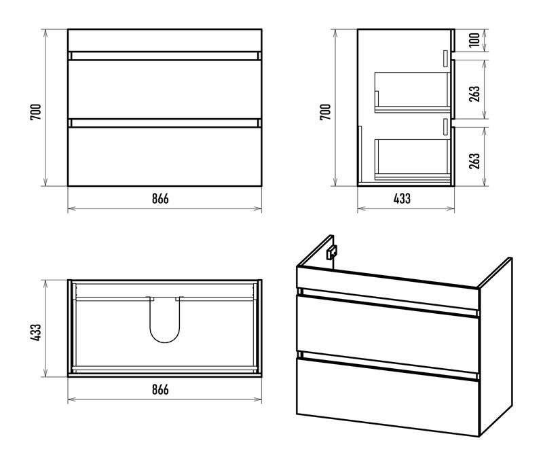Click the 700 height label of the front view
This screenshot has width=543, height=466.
(35, 111)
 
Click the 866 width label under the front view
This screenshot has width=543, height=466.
(160, 198)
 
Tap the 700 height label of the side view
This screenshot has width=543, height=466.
(325, 111)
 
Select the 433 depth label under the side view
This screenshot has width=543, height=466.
(402, 198)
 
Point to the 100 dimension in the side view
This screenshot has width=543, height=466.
(474, 39)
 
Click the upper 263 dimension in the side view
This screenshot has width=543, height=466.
(474, 94)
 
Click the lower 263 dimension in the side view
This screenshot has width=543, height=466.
(474, 161)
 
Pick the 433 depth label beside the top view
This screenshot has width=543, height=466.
(35, 332)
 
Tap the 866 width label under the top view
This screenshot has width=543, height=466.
(160, 389)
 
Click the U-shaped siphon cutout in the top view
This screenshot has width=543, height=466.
(165, 342)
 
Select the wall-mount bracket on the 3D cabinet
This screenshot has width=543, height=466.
(331, 252)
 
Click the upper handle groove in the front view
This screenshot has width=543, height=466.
(164, 56)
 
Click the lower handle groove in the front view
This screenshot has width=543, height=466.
(164, 123)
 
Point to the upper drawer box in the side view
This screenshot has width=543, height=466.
(413, 92)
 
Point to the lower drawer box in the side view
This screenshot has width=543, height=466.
(413, 160)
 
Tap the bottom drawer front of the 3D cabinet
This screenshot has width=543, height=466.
(388, 397)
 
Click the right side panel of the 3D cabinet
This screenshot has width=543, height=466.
(495, 347)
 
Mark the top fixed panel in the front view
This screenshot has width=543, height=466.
(164, 41)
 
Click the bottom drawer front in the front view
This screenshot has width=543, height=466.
(164, 157)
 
